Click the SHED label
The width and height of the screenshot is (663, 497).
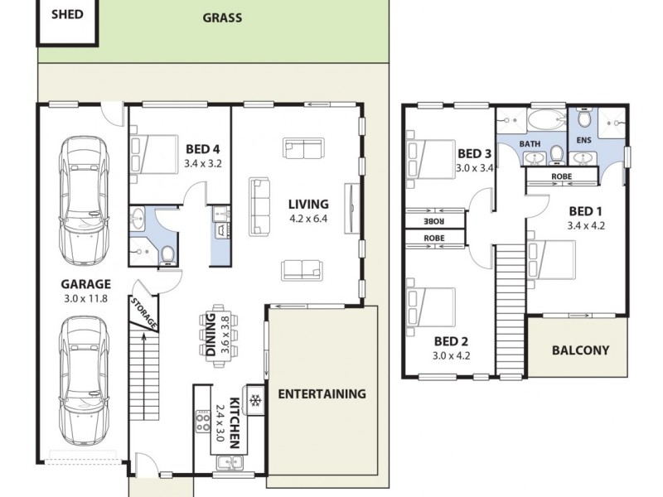(x=67, y=14)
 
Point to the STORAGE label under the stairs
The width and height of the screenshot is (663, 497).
(x=143, y=312)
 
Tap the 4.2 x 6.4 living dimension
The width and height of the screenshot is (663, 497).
(x=308, y=220)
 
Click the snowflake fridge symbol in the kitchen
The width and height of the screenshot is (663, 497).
(x=255, y=400)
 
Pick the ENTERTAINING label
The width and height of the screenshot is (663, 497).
(x=321, y=393)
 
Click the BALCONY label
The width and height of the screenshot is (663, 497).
(x=580, y=350)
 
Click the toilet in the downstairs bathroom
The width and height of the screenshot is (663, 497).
(x=167, y=253)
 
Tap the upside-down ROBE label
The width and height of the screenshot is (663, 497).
(x=433, y=221)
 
